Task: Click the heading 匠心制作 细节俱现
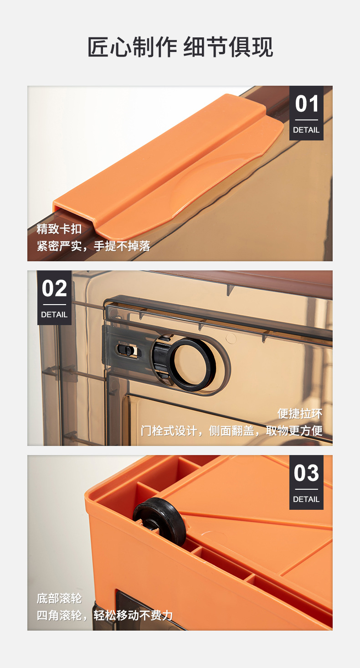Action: pyautogui.click(x=180, y=47)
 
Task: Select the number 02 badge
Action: pyautogui.click(x=54, y=289)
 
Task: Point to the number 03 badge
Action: pyautogui.click(x=306, y=473)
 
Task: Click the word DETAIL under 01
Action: pyautogui.click(x=306, y=130)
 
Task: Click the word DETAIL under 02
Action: pyautogui.click(x=54, y=315)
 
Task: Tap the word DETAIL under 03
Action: pyautogui.click(x=306, y=499)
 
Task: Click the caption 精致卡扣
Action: pyautogui.click(x=59, y=228)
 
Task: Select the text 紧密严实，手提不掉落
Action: pyautogui.click(x=93, y=246)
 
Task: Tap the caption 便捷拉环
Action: pyautogui.click(x=300, y=413)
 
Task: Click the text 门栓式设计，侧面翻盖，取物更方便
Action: pyautogui.click(x=231, y=430)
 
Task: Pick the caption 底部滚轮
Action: pyautogui.click(x=59, y=598)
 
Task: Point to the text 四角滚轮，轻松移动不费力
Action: pyautogui.click(x=105, y=615)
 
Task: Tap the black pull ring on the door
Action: pyautogui.click(x=191, y=365)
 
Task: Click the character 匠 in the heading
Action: pyautogui.click(x=98, y=47)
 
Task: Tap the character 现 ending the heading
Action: pyautogui.click(x=262, y=47)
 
